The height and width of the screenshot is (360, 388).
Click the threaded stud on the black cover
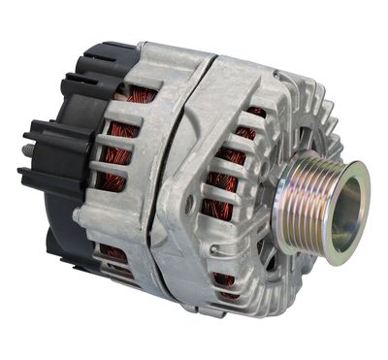[x=26, y=151]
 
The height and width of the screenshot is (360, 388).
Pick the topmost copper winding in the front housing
[x=255, y=113]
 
